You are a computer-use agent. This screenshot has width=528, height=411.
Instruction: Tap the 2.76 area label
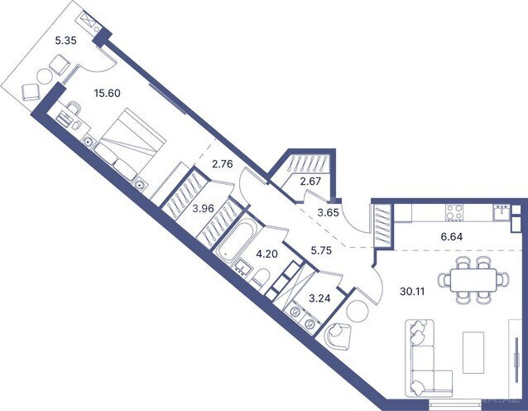pos(223,164)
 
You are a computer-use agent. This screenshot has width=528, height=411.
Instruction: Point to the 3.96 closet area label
pos(203,208)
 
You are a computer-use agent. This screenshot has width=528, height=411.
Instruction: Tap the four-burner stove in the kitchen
pos(454,212)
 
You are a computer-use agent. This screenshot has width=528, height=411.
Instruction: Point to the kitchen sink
pos(501,211)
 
